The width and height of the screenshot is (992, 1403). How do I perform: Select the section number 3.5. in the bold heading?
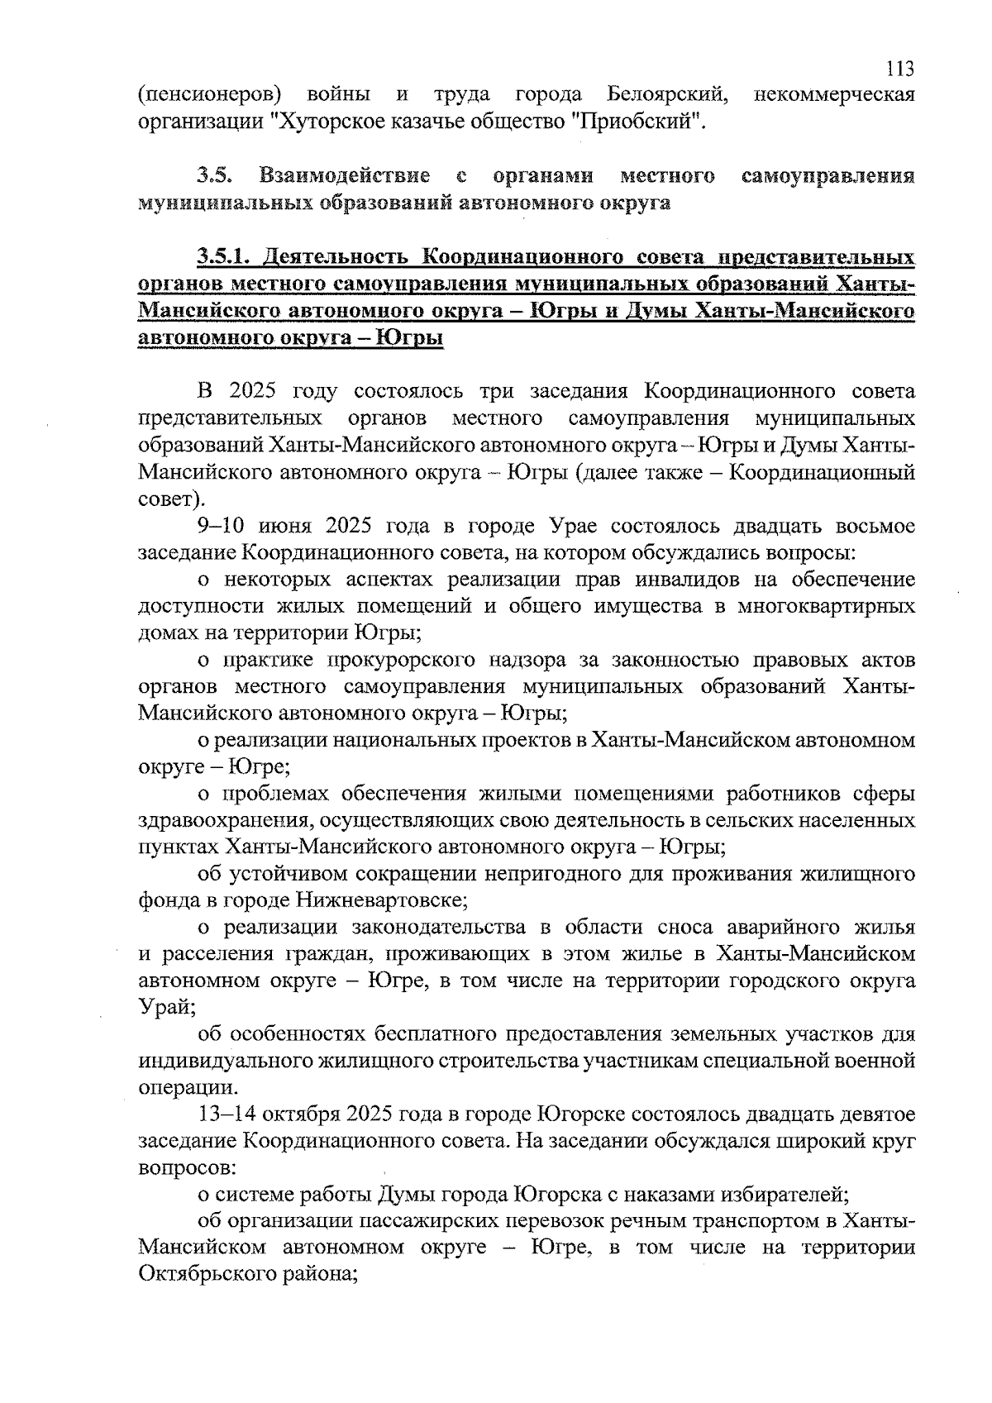coord(216,176)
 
